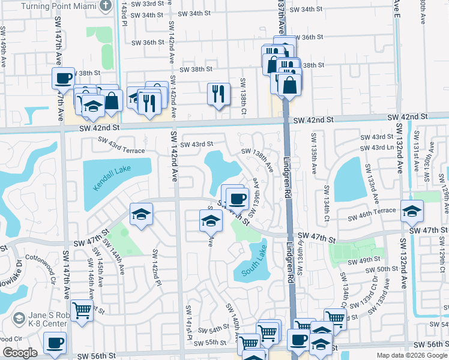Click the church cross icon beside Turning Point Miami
point(106,6)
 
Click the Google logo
point(19,353)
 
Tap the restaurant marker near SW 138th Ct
point(218,93)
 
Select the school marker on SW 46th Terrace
point(412,211)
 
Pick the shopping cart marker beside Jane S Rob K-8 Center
point(82,311)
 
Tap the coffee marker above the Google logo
point(55,343)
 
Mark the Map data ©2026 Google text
point(411,355)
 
